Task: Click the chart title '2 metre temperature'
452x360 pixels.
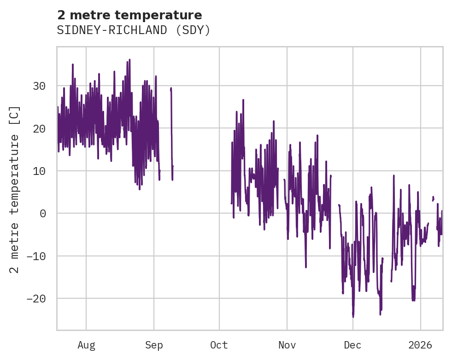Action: click(x=129, y=15)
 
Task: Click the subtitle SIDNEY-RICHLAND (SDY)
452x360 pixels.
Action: click(x=134, y=30)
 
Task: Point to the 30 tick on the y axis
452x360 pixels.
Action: click(x=39, y=86)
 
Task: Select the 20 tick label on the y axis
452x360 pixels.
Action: click(x=39, y=128)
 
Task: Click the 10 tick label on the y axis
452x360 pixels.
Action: click(x=39, y=171)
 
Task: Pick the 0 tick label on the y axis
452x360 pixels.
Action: click(x=42, y=213)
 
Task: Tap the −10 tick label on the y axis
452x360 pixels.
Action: click(x=36, y=256)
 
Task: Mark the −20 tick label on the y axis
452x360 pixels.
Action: click(x=36, y=298)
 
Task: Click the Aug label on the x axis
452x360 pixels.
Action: click(x=86, y=345)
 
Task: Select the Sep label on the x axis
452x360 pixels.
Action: click(x=154, y=345)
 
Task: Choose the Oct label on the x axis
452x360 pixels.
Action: click(x=219, y=345)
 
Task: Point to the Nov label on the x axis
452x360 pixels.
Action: click(x=287, y=345)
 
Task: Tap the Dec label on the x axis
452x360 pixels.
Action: click(x=352, y=345)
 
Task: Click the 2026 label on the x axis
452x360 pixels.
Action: click(x=421, y=345)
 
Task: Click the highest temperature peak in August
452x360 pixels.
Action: click(x=129, y=60)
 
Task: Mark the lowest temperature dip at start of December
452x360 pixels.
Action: click(x=353, y=316)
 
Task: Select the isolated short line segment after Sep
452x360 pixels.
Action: click(x=171, y=134)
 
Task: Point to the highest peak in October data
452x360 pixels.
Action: click(x=243, y=100)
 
